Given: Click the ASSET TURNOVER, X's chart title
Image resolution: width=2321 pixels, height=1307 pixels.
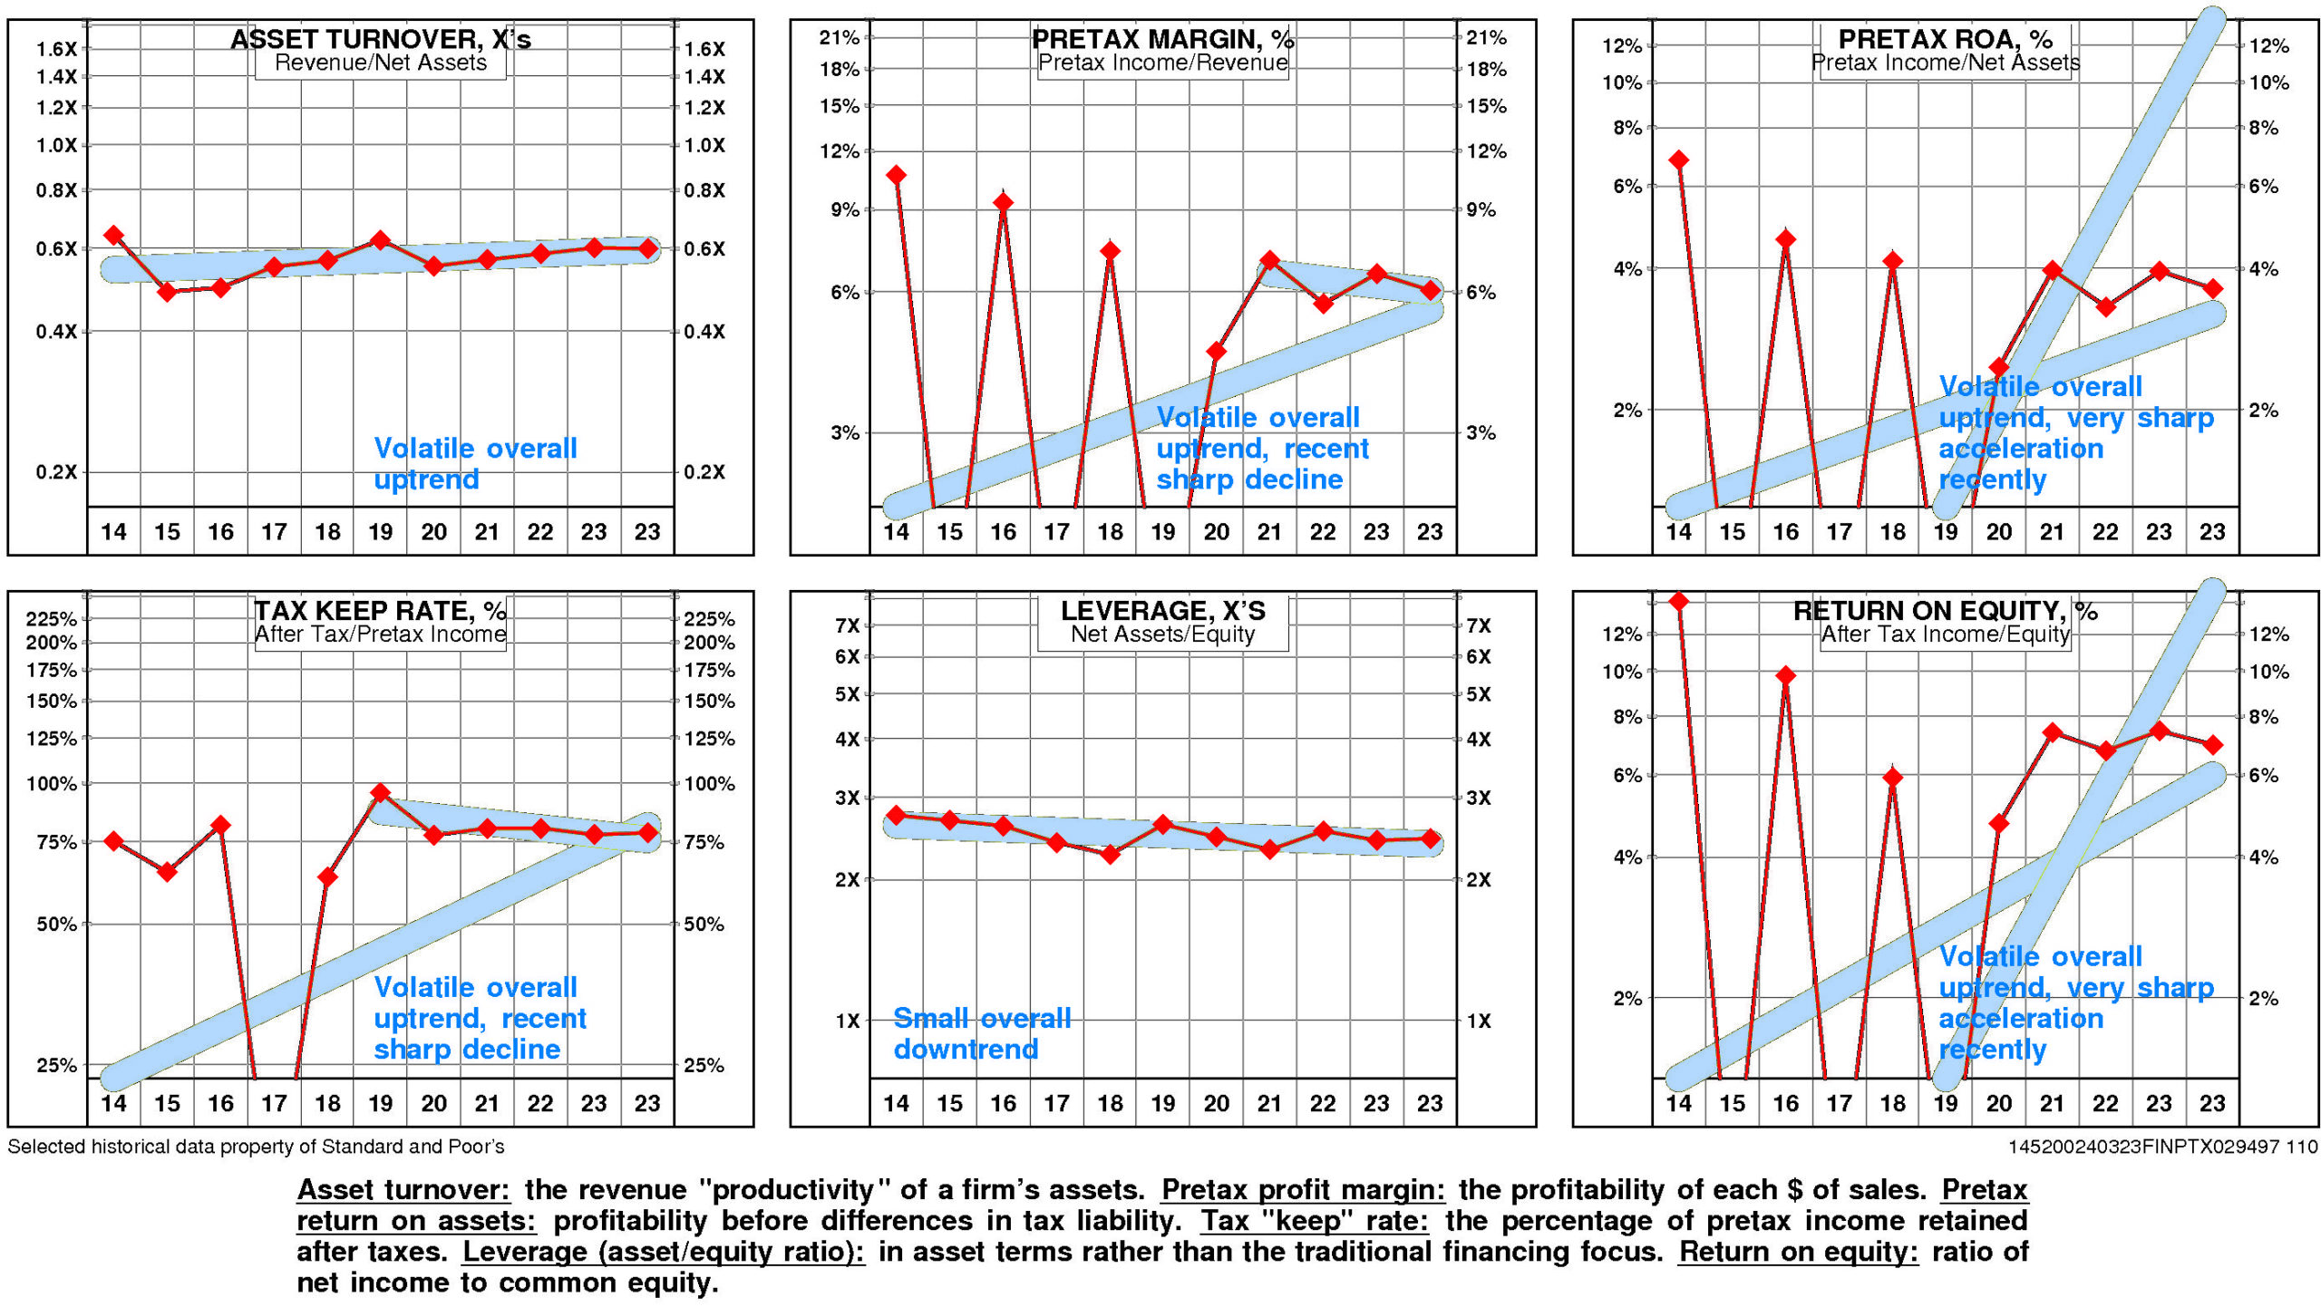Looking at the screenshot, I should click(381, 39).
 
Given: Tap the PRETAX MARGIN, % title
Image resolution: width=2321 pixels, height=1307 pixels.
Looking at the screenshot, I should click(1162, 39).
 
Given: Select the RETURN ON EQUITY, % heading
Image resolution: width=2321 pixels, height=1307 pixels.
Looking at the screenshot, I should click(1945, 611).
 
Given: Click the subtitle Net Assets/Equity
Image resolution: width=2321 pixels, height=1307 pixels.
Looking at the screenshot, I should click(1162, 634).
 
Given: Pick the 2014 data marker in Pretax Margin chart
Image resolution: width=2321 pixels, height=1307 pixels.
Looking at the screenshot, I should click(896, 175).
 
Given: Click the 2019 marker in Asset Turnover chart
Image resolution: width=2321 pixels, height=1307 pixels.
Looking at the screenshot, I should click(381, 240).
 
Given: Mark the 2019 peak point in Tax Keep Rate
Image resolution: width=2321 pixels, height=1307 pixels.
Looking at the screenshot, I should click(381, 793).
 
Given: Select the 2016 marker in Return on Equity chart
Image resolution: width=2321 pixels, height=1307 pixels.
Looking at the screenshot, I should click(1786, 675).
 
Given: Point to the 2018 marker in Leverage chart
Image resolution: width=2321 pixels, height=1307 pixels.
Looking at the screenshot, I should click(1111, 854).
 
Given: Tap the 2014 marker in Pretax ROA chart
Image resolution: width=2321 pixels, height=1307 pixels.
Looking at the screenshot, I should click(1678, 160).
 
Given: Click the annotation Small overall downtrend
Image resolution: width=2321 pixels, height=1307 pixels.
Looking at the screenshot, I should click(981, 1033).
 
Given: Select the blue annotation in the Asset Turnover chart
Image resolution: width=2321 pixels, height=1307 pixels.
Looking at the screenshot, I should click(475, 463).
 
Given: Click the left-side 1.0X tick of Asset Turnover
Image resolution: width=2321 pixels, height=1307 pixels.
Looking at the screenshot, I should click(56, 145).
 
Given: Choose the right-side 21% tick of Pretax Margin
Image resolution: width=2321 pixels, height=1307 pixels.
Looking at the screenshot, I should click(1487, 38).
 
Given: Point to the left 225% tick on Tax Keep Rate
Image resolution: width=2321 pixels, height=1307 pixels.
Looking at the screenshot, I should click(51, 619).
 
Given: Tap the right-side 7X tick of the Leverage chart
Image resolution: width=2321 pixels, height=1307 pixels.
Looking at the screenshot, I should click(1479, 625).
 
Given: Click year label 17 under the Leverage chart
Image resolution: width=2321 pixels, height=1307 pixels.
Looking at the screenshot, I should click(1056, 1103).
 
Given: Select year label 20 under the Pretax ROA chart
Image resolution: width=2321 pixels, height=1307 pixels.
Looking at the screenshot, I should click(1998, 532).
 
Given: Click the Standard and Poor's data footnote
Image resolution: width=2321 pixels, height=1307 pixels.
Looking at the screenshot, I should click(256, 1147).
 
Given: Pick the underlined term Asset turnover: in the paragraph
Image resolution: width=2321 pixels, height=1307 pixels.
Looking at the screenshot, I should click(403, 1189).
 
